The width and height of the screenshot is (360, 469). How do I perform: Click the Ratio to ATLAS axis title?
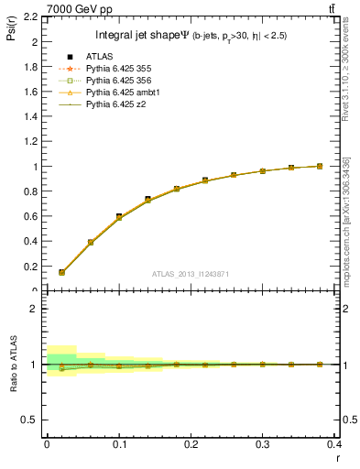[14, 364]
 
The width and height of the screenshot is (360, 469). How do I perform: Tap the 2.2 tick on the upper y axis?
[31, 17]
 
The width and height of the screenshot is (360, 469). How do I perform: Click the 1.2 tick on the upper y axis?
[31, 142]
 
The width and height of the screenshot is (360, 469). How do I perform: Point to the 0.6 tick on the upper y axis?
[31, 217]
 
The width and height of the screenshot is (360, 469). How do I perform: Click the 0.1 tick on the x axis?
[119, 445]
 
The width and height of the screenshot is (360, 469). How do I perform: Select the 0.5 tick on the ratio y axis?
[31, 420]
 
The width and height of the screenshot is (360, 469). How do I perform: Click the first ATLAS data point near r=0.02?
[61, 272]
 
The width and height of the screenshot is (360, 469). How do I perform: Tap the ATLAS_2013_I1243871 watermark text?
[191, 274]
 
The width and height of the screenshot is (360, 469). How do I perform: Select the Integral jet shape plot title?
[191, 36]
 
